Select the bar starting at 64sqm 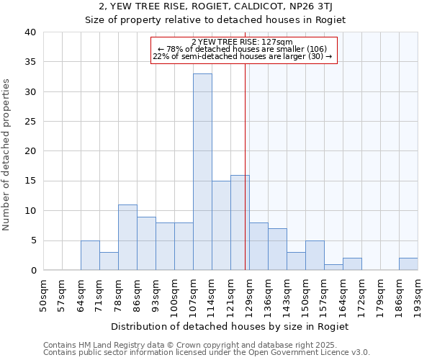90,255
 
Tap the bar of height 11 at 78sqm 127,237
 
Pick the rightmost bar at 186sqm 408,264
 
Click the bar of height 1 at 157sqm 333,267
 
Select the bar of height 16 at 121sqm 240,222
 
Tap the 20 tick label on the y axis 30,151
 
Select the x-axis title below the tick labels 230,326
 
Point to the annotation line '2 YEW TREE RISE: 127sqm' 243,42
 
